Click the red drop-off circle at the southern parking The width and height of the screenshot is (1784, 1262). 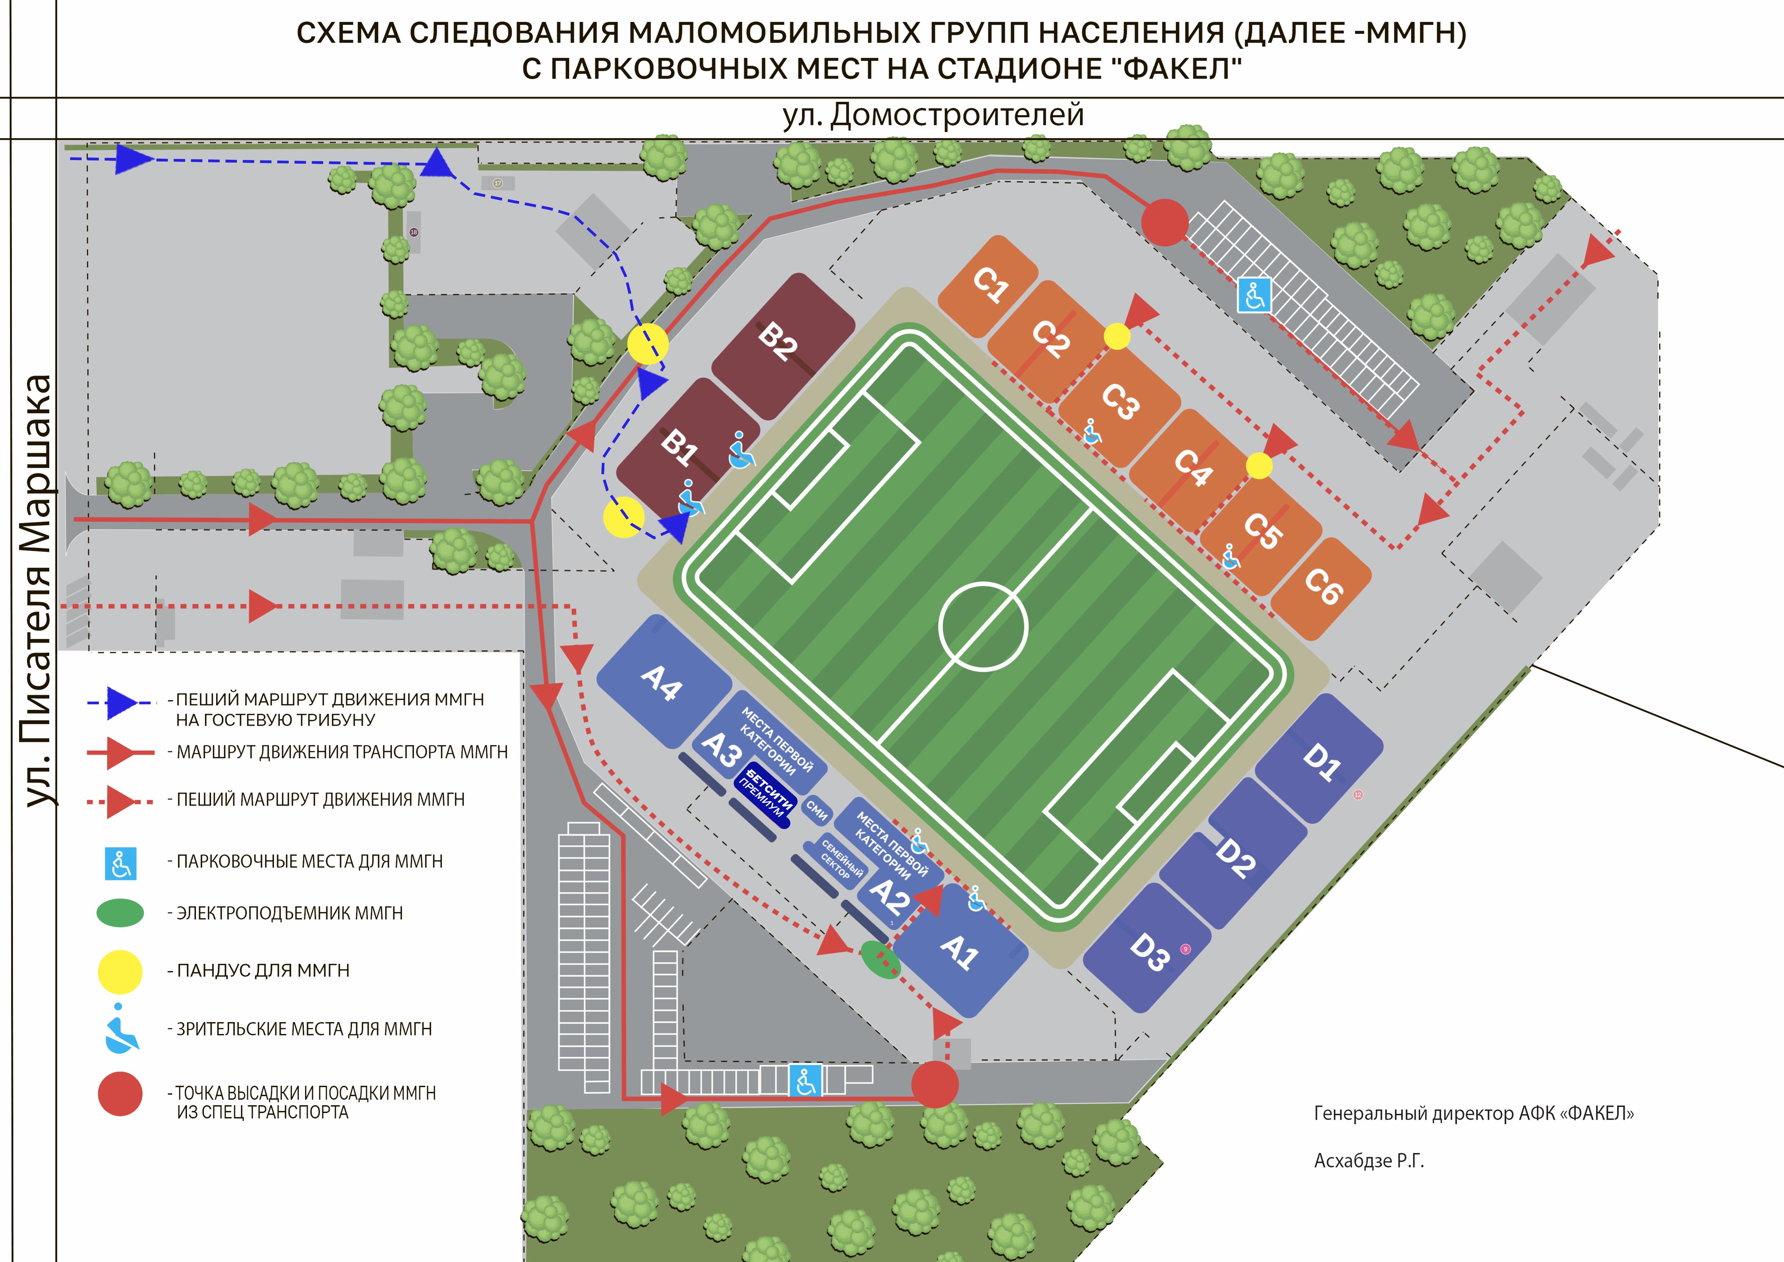[x=934, y=1085]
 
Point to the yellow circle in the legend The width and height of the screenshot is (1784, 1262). [x=120, y=971]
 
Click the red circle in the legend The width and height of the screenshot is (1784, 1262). [x=120, y=1094]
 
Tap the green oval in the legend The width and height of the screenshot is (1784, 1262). [x=120, y=913]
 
